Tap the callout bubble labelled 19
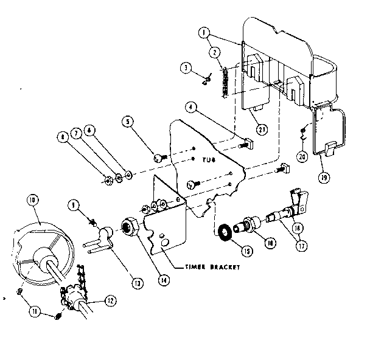tap(323, 178)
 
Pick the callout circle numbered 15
tap(128, 122)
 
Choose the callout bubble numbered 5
tap(128, 122)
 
